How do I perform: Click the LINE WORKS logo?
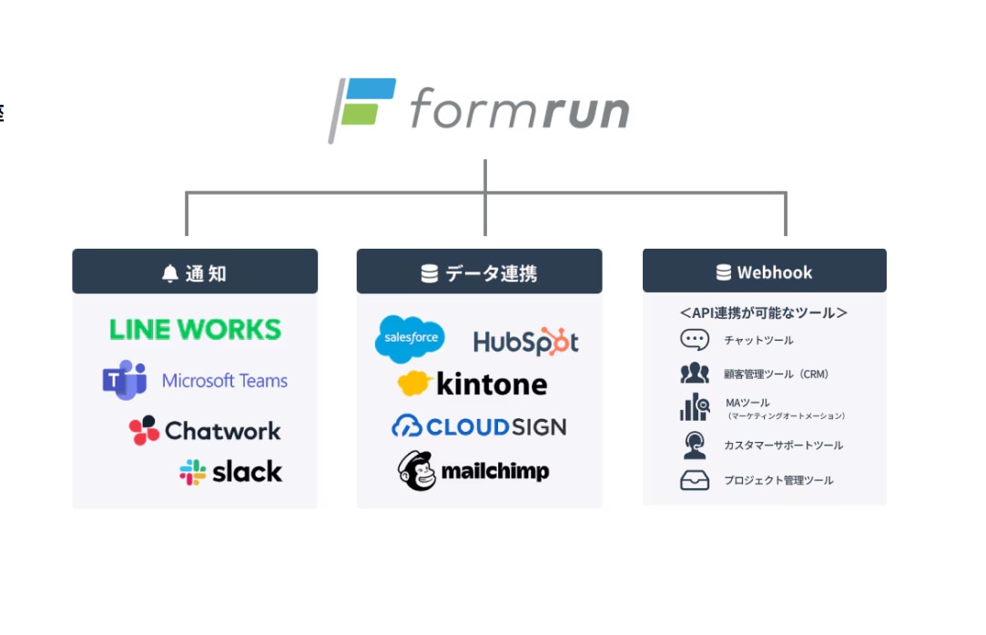point(195,329)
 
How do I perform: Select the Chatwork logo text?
point(223,431)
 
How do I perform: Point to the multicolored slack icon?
point(192,472)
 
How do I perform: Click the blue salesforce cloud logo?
point(410,338)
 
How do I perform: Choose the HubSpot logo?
point(525,342)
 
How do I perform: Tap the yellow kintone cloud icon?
point(414,384)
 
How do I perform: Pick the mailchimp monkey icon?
point(416,471)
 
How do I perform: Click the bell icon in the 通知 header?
point(169,273)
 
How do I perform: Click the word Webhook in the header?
point(775,272)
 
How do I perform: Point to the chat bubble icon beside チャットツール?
point(694,340)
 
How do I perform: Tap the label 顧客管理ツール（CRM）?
point(776,374)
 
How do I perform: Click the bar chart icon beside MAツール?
point(694,407)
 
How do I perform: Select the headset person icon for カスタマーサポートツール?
point(694,446)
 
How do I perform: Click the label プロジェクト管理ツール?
point(778,480)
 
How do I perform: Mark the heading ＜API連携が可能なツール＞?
point(763,312)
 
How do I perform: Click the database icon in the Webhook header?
point(724,272)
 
